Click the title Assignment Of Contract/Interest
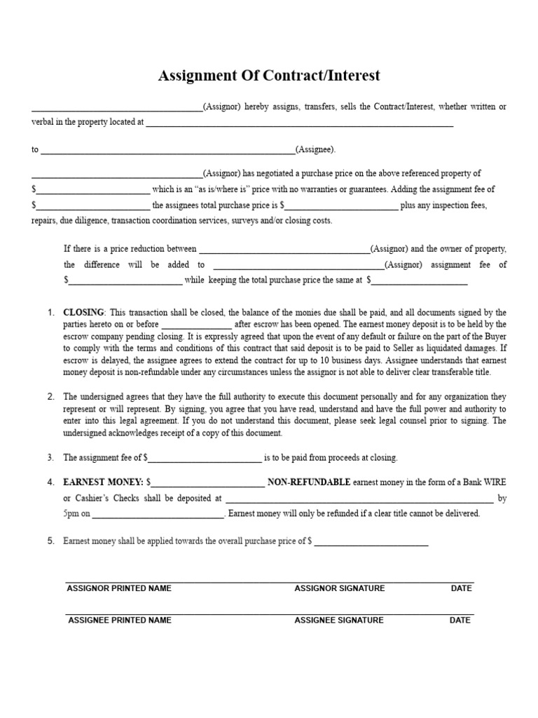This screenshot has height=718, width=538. tap(269, 76)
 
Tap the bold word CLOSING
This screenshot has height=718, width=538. tap(83, 312)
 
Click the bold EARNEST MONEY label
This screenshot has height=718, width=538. tap(103, 482)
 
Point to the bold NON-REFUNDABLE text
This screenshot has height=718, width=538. tap(309, 482)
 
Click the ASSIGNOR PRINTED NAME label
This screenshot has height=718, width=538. tap(119, 588)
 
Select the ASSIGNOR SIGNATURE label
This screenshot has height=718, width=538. tap(339, 588)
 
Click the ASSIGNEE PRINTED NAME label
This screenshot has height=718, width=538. tap(119, 620)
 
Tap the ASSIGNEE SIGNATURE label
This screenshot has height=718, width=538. tap(339, 620)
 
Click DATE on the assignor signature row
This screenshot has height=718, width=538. tap(461, 588)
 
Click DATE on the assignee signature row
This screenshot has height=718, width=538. tap(460, 620)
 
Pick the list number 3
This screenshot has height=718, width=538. tap(50, 457)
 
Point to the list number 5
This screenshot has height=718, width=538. tap(50, 541)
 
